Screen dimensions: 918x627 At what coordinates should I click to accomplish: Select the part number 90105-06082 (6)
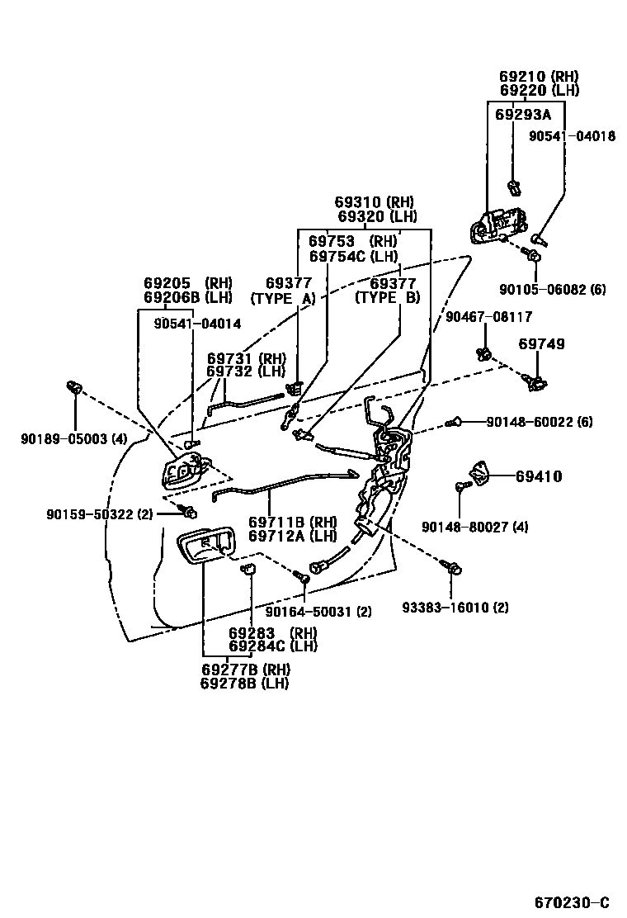coord(552,289)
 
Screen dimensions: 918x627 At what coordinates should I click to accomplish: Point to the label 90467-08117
coord(488,316)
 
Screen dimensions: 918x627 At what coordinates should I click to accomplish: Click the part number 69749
coord(542,343)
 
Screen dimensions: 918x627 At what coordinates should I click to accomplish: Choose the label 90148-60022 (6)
coord(539,422)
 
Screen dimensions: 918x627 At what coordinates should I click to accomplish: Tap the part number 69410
coord(539,476)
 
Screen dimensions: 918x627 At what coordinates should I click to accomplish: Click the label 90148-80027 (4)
coord(474,527)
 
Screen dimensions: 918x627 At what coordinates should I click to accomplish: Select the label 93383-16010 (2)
coord(455,608)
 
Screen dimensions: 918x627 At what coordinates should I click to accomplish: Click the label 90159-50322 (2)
coord(100,514)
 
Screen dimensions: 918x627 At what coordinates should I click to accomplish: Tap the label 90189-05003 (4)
coord(74,439)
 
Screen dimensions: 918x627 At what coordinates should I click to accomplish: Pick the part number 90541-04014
coord(197,324)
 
